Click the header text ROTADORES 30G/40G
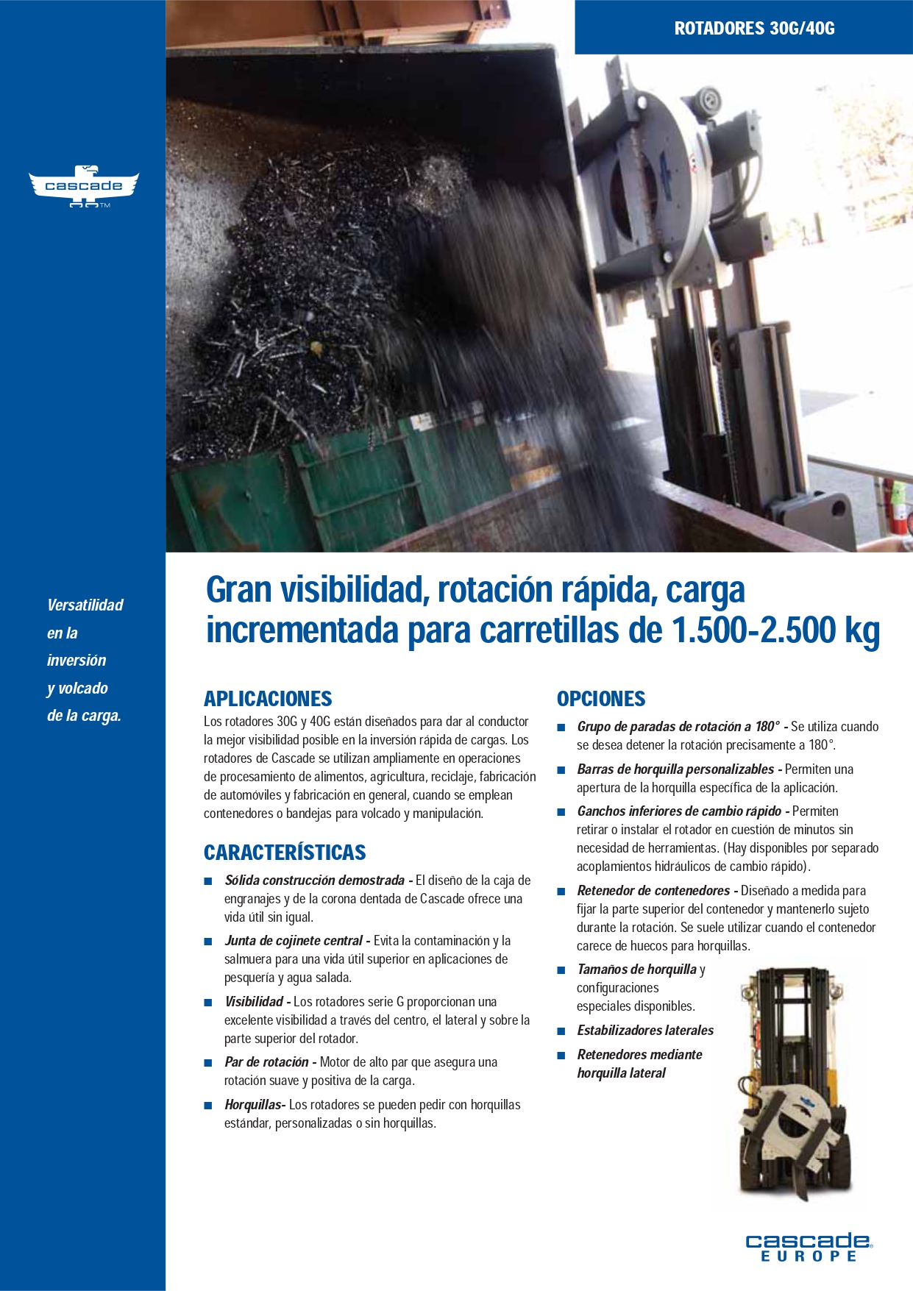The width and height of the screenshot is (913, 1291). pyautogui.click(x=754, y=29)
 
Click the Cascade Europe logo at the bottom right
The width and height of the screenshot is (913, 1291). pyautogui.click(x=809, y=1248)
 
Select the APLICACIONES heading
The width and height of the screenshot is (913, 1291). pyautogui.click(x=268, y=699)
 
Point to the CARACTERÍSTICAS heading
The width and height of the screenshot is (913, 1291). pyautogui.click(x=285, y=853)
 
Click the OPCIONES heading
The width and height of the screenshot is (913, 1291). pyautogui.click(x=601, y=699)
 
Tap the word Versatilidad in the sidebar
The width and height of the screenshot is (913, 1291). pyautogui.click(x=85, y=605)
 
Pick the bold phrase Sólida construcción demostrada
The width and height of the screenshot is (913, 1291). pyautogui.click(x=314, y=881)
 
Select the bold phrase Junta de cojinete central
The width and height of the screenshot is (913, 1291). pyautogui.click(x=293, y=941)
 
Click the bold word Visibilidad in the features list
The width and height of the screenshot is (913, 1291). pyautogui.click(x=254, y=1002)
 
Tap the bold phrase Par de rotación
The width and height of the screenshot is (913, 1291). pyautogui.click(x=266, y=1062)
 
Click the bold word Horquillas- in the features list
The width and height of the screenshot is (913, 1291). pyautogui.click(x=255, y=1105)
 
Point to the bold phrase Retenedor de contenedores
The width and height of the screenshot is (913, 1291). pyautogui.click(x=653, y=891)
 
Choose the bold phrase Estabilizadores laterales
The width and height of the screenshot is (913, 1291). pyautogui.click(x=645, y=1031)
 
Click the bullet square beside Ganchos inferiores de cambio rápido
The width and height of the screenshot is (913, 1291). pyautogui.click(x=561, y=812)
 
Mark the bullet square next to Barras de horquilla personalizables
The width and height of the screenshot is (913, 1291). pyautogui.click(x=561, y=770)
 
